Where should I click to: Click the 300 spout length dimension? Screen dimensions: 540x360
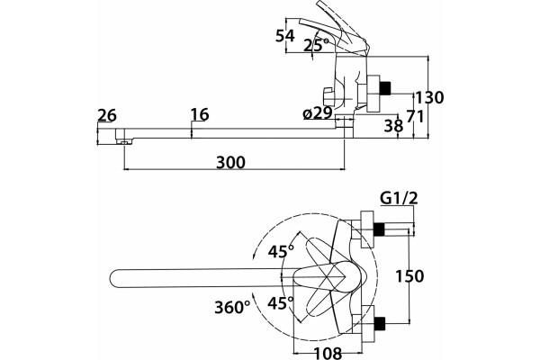230,162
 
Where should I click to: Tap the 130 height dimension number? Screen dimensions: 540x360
429,97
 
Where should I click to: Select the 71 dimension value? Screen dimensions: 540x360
415,116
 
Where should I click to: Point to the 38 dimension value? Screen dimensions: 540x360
393,126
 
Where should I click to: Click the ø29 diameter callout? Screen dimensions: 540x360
318,113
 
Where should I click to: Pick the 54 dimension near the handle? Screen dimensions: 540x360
285,36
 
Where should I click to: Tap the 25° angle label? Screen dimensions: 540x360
316,45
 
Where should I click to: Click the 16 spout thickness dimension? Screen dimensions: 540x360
200,114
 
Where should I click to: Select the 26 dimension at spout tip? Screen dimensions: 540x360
107,115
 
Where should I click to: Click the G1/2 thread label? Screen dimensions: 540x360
399,198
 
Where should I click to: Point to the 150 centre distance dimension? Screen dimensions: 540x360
409,276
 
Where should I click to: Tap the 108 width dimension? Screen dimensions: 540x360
328,353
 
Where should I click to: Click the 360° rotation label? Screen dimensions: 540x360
232,307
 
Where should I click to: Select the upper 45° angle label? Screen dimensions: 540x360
281,251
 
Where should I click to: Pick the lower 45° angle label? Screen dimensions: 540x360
281,303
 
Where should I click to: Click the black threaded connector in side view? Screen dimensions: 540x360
385,88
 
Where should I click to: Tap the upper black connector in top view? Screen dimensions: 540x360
379,229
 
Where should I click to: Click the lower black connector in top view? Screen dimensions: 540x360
379,323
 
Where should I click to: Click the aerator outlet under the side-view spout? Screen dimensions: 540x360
124,141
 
